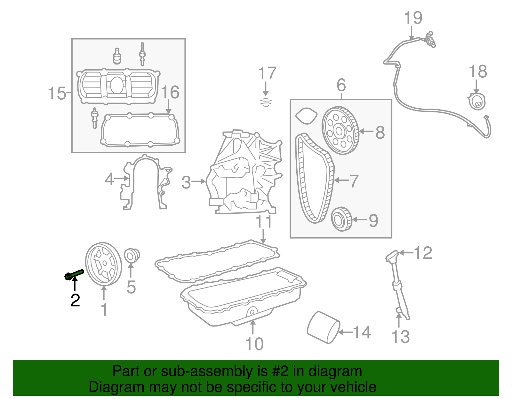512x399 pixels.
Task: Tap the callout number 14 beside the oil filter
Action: click(362, 332)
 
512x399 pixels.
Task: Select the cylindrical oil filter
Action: click(323, 327)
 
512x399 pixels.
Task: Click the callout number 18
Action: click(477, 72)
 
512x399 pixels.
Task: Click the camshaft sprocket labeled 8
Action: click(340, 130)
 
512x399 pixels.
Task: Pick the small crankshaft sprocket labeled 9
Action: click(341, 219)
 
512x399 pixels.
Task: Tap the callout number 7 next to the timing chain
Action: click(354, 181)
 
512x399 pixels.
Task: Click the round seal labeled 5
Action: click(131, 256)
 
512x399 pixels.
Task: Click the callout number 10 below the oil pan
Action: click(254, 344)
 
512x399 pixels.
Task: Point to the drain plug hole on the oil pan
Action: click(252, 311)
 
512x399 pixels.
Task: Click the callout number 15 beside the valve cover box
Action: click(57, 93)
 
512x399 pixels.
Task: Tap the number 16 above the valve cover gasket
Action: click(170, 92)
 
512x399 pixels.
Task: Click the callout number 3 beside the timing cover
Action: click(186, 182)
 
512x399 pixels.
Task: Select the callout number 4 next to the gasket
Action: click(109, 179)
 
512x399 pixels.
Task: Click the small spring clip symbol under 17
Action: click(266, 102)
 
